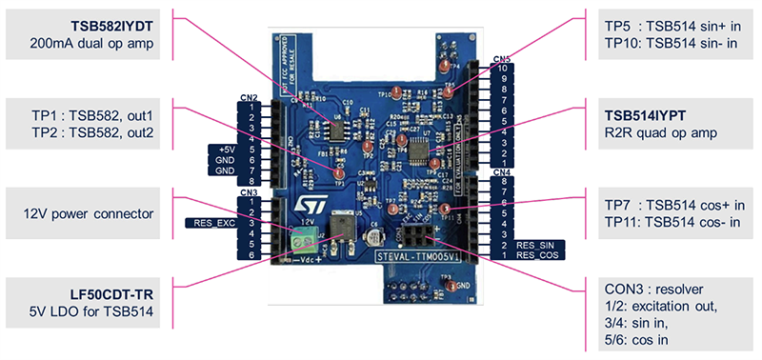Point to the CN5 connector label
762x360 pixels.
coord(502,60)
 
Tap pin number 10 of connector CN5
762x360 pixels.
coord(502,69)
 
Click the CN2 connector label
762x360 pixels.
coord(249,97)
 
